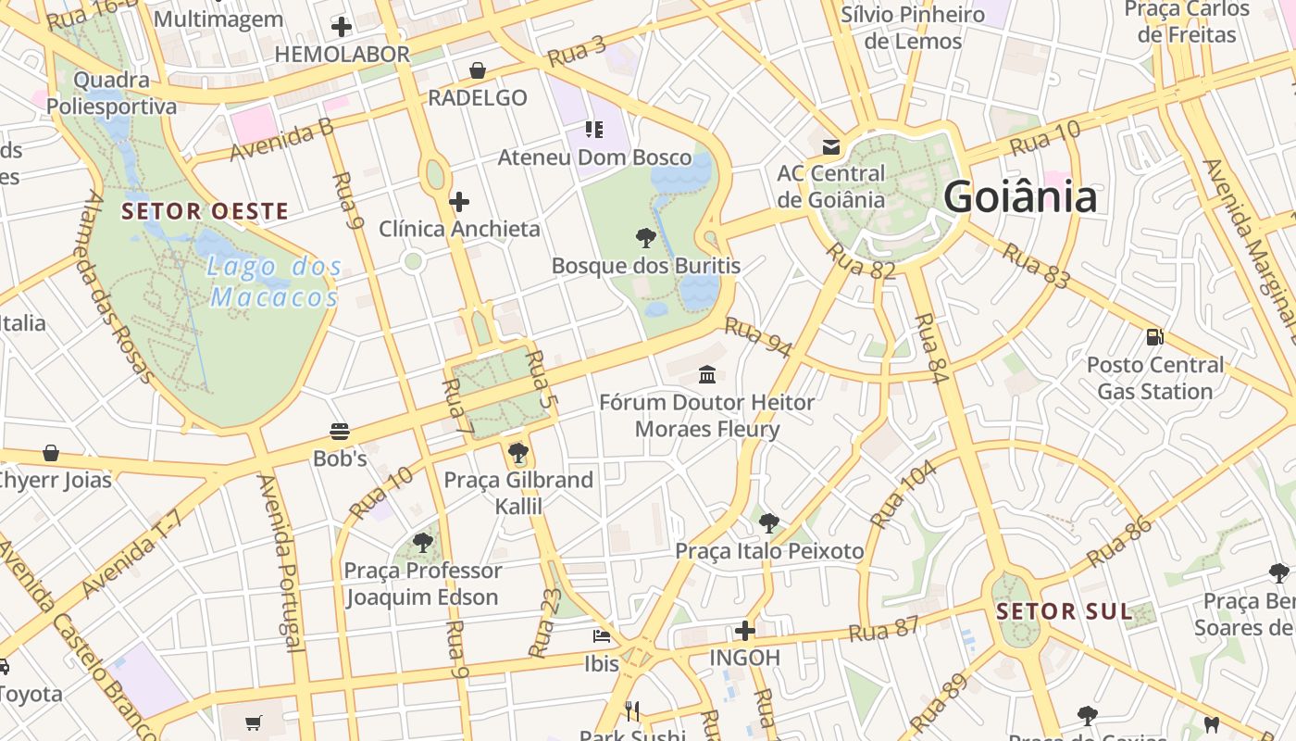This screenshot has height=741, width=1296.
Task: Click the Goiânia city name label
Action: click(x=1020, y=197)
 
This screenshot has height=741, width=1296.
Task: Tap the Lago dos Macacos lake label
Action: click(x=274, y=283)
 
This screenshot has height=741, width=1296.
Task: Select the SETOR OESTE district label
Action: click(x=206, y=211)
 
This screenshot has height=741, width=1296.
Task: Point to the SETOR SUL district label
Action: click(x=1065, y=611)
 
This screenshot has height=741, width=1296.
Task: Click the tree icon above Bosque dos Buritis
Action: click(x=646, y=238)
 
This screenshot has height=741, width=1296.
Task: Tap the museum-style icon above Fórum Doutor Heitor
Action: click(x=708, y=374)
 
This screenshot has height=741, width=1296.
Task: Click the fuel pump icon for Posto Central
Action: click(x=1154, y=336)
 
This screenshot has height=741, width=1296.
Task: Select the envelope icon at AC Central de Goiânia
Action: click(x=830, y=146)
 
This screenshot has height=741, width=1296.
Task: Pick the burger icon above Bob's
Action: click(x=340, y=431)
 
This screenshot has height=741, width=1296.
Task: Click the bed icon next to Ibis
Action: click(x=602, y=636)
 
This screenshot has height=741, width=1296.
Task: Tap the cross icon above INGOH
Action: click(x=745, y=631)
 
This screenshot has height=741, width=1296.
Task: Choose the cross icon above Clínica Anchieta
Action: click(x=459, y=201)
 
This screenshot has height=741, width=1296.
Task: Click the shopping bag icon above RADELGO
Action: click(x=478, y=70)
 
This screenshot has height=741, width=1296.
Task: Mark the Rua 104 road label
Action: click(x=904, y=494)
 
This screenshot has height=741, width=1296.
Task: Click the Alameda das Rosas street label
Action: click(x=118, y=287)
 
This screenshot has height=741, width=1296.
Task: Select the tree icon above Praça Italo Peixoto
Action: click(x=768, y=523)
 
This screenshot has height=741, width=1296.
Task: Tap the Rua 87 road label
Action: click(x=884, y=629)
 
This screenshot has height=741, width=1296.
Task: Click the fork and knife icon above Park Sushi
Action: click(x=633, y=711)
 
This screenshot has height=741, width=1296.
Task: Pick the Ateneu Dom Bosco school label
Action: click(x=594, y=157)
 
